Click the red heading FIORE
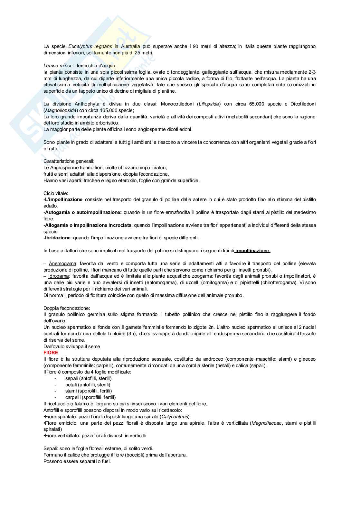tap(51, 353)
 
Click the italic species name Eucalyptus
tap(80, 46)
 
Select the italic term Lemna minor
tap(58, 66)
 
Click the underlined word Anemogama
tap(62, 263)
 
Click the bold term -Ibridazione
tap(57, 238)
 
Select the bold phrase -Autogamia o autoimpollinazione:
tap(83, 212)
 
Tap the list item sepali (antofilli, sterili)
tap(88, 378)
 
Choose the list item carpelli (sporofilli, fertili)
tap(90, 397)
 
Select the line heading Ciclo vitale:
tap(56, 193)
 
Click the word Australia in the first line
tap(130, 46)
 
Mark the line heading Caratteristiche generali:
tap(69, 161)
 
